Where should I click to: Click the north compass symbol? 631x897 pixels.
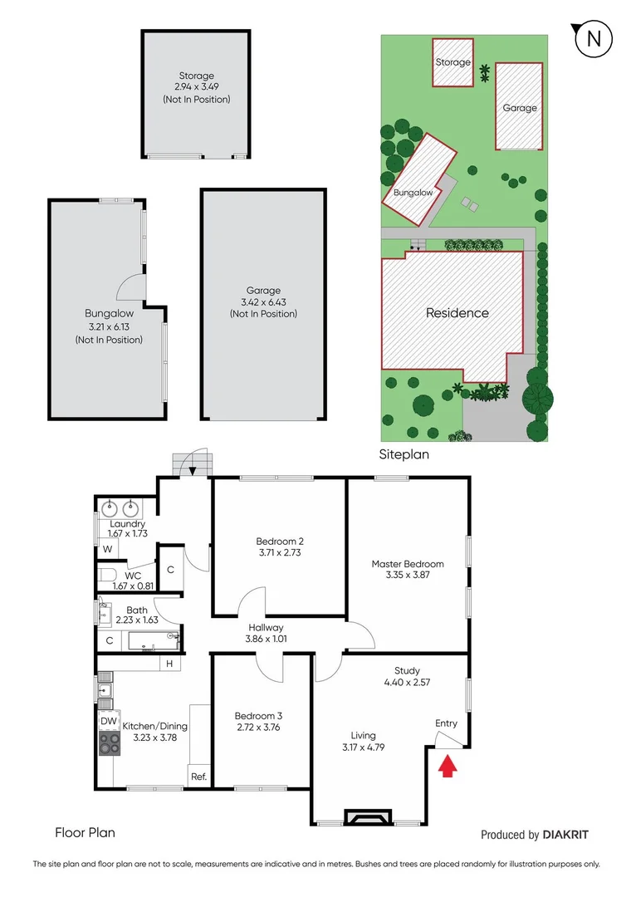pos(593,38)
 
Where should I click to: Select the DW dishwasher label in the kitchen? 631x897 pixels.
pos(109,721)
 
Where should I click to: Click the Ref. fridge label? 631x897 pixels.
pos(198,777)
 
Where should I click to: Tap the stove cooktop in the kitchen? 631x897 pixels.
pos(110,743)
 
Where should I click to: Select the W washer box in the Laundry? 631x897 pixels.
pos(107,549)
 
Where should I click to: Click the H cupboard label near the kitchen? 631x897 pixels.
pos(169,663)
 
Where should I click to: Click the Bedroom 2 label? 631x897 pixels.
pos(278,541)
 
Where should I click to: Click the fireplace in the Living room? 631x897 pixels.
pos(366,818)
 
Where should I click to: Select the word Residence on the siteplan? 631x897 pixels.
pos(457,313)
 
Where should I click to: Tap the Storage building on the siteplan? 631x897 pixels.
pos(453,62)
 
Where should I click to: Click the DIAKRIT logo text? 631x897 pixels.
pos(570,835)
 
